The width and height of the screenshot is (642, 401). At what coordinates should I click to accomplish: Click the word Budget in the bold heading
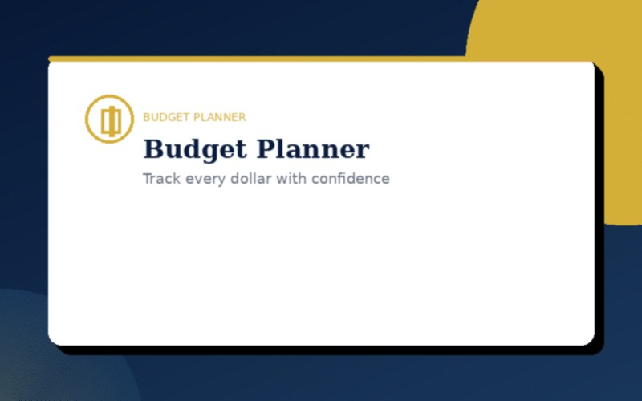196,150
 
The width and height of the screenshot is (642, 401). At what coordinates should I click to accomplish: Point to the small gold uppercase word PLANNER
217,117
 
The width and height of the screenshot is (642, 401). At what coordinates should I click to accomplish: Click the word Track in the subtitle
162,179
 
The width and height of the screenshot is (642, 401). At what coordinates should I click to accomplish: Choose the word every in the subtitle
204,179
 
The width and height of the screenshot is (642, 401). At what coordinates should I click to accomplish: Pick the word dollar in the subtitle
250,179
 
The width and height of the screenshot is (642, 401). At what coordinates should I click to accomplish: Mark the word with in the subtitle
291,179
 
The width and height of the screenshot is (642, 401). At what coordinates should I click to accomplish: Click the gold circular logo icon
110,119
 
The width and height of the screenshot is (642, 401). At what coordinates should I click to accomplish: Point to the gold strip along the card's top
257,59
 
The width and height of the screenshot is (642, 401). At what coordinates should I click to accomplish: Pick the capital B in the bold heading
152,150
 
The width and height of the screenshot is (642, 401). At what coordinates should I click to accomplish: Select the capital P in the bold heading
266,150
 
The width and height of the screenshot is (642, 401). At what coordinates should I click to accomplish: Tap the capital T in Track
148,179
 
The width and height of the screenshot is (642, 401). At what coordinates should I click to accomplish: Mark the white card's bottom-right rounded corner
589,340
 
